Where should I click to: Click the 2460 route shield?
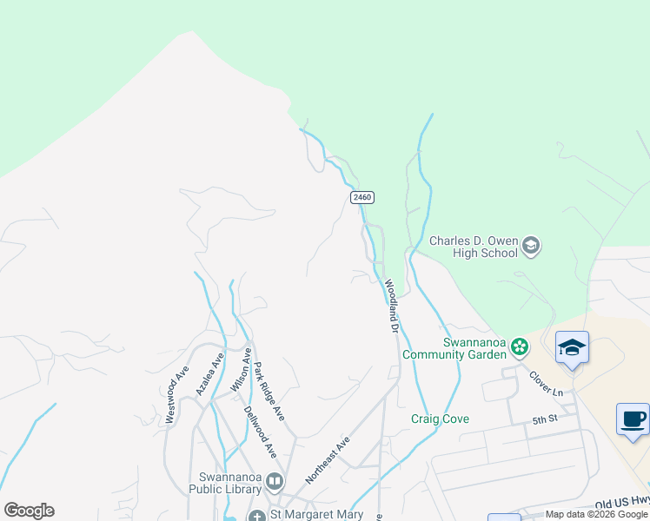click(x=362, y=198)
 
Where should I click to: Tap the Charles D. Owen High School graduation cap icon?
click(x=531, y=247)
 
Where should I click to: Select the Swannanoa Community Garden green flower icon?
click(x=520, y=347)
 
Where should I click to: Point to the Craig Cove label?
click(x=440, y=419)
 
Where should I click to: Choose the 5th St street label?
click(x=544, y=420)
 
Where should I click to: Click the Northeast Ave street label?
click(x=327, y=460)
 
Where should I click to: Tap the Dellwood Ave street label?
click(x=260, y=432)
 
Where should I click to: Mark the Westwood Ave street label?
click(x=176, y=393)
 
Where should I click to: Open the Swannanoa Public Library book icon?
click(x=275, y=480)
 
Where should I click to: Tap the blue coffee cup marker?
click(x=633, y=420)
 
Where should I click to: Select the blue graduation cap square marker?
click(x=572, y=348)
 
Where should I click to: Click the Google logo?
click(x=29, y=511)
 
